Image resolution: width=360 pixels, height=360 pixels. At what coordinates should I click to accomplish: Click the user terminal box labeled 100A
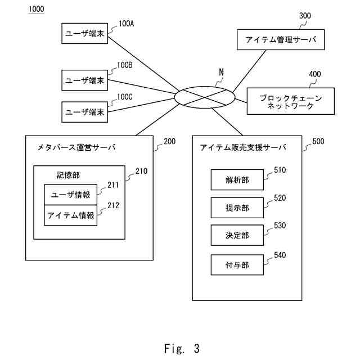click(x=85, y=33)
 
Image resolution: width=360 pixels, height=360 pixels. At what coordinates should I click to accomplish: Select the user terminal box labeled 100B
click(x=85, y=80)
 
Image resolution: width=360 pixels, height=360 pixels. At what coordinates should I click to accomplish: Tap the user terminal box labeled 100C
click(x=85, y=112)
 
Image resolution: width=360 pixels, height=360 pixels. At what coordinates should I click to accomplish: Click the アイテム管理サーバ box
click(x=281, y=39)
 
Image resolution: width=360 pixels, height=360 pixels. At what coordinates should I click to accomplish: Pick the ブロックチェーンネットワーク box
click(x=290, y=101)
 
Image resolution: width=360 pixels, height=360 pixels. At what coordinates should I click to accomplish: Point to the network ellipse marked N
click(x=205, y=87)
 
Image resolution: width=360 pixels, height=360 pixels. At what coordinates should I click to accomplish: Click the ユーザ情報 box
click(x=70, y=195)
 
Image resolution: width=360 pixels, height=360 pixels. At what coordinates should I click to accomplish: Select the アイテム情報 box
click(x=70, y=215)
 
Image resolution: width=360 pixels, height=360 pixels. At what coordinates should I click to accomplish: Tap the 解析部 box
click(x=237, y=180)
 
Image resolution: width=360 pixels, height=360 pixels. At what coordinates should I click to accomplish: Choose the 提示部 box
click(x=237, y=208)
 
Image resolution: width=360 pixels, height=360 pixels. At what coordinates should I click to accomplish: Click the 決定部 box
click(x=237, y=235)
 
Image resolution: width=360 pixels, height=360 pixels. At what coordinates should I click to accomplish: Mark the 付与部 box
click(x=237, y=265)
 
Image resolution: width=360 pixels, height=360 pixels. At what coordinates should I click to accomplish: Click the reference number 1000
click(x=36, y=9)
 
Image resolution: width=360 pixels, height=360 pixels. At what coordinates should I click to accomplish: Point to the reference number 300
click(x=305, y=16)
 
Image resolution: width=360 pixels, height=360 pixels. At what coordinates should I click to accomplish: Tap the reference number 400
click(x=315, y=74)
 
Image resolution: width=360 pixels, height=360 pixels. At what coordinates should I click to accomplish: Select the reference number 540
click(x=280, y=255)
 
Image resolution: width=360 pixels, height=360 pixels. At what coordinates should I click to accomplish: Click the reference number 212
click(x=113, y=205)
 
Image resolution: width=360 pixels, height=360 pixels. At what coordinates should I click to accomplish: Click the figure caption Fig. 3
click(x=182, y=348)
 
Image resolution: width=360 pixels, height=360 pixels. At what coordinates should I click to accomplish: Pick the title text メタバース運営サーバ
click(x=76, y=147)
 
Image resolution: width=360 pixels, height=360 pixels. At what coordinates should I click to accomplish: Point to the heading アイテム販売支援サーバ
click(x=243, y=147)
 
